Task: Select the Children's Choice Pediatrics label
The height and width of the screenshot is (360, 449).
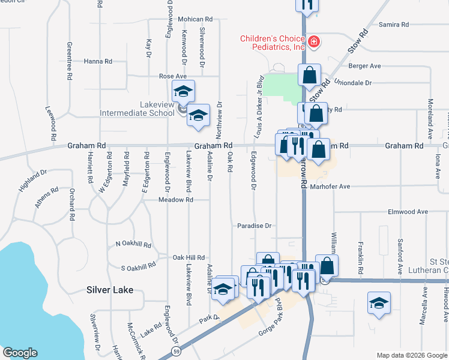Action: (273, 43)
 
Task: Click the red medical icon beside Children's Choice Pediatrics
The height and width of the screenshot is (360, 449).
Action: (314, 42)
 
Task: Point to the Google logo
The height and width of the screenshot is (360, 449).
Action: (20, 353)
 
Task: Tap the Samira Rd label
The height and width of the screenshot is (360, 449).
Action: (394, 25)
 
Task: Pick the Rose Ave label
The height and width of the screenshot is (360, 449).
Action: (173, 76)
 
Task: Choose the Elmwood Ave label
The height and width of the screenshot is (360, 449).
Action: (408, 212)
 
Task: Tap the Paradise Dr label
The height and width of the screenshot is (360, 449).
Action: (255, 226)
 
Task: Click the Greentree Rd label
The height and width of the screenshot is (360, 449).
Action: (70, 62)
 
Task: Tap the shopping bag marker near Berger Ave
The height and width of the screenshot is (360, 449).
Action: (309, 76)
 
